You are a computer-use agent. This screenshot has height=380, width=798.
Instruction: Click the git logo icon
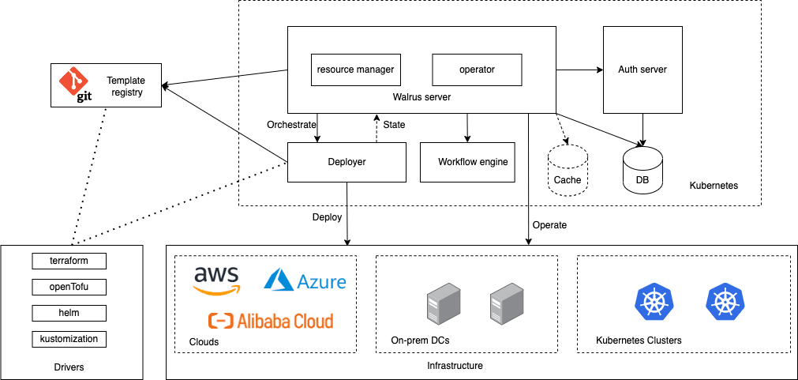tap(73, 85)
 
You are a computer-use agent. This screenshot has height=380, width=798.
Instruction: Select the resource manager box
tap(356, 70)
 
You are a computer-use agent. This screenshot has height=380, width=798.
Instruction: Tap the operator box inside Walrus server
tap(477, 70)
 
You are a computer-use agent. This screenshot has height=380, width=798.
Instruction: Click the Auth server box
tap(643, 70)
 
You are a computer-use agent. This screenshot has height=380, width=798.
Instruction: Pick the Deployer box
tap(347, 162)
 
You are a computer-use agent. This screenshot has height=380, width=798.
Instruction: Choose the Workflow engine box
tap(467, 162)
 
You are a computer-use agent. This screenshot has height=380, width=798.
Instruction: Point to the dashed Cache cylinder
tap(568, 170)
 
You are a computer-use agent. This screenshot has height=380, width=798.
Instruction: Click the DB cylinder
tap(643, 170)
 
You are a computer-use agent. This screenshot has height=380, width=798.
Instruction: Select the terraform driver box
tap(69, 261)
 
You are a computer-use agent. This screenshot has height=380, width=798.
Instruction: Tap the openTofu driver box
tap(69, 287)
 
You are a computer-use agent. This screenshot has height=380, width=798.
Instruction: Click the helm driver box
tap(69, 313)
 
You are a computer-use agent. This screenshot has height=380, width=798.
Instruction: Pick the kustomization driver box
tap(69, 339)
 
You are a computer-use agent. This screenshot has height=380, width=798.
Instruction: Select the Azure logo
tap(305, 280)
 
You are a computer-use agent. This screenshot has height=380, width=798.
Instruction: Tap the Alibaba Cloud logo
tap(271, 321)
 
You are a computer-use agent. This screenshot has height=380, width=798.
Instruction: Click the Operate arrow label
tap(549, 224)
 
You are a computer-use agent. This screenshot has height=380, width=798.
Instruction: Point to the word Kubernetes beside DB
tap(714, 186)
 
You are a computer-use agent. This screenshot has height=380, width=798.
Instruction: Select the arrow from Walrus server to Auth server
tap(579, 70)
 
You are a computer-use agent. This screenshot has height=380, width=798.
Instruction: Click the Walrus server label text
tap(421, 97)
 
